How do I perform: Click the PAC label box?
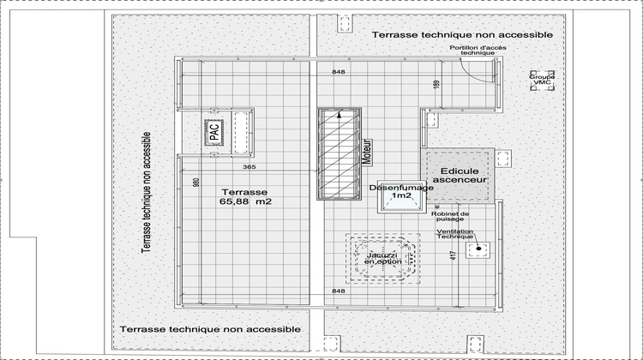[x=213, y=131]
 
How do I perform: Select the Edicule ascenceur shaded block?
[x=460, y=176]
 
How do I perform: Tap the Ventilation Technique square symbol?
[x=477, y=250]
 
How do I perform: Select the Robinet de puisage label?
[x=451, y=217]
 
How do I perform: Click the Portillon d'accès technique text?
[x=466, y=49]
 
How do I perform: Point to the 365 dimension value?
[x=250, y=166]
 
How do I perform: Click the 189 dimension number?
[x=436, y=84]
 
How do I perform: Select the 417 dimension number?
[x=454, y=255]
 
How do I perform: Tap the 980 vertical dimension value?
[x=196, y=183]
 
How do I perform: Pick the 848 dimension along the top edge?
[x=339, y=72]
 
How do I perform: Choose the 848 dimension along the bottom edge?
[x=339, y=291]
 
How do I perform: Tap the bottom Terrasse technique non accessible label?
[x=210, y=329]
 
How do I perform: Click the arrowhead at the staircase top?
[x=340, y=113]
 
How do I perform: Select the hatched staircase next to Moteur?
[x=338, y=154]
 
